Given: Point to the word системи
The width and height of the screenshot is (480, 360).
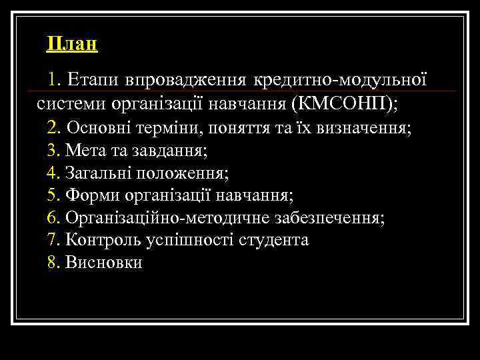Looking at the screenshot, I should [69, 104].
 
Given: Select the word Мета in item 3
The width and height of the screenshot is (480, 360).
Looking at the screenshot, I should [85, 150].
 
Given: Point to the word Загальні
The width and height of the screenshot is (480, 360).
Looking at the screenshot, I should [99, 173].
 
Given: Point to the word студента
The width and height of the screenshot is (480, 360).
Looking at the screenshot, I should [274, 240].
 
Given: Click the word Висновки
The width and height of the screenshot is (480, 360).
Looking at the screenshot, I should [103, 262].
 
